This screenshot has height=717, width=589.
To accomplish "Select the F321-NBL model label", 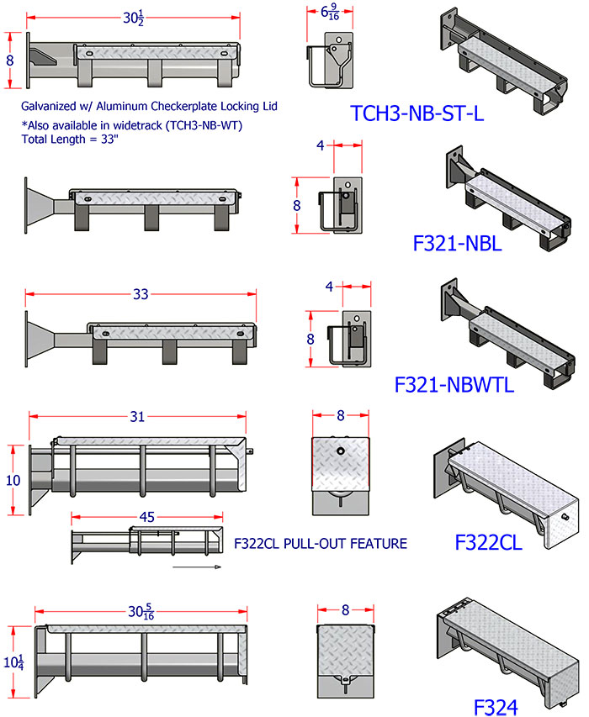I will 459,244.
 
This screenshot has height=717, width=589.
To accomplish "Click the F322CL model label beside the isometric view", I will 488,540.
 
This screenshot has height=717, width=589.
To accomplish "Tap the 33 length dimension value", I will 140,294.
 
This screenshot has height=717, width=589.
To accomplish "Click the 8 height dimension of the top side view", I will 11,61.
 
